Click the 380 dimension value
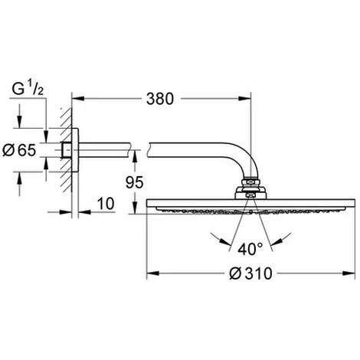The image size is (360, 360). [x=161, y=99]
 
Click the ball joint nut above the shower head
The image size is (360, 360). [x=250, y=185]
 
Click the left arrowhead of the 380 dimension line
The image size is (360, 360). [x=77, y=99]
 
